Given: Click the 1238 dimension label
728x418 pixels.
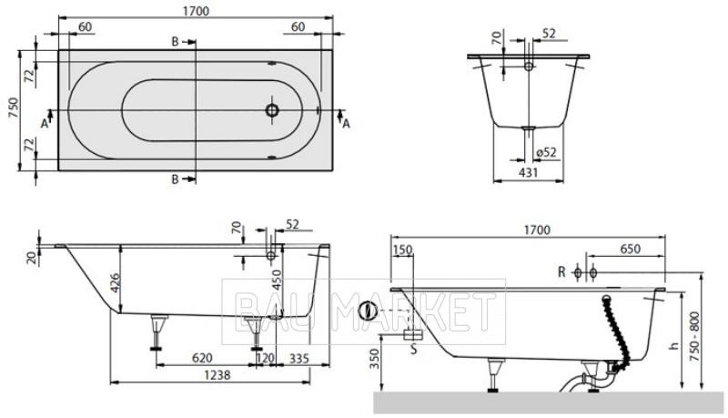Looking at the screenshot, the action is click(217, 374).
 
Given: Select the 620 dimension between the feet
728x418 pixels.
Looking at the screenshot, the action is click(202, 358).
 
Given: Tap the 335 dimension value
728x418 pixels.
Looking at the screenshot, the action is click(299, 358).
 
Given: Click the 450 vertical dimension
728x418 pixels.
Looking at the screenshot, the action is click(277, 280).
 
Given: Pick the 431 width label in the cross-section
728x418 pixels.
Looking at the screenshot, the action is click(529, 172).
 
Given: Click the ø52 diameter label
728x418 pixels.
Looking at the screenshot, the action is click(547, 152).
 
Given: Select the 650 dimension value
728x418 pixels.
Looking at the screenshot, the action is click(631, 249).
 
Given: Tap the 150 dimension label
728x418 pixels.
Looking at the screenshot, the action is click(402, 250).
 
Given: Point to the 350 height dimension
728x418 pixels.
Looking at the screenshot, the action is click(375, 359).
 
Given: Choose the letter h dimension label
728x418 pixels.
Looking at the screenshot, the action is click(674, 345).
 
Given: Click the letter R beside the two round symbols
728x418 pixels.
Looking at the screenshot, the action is click(561, 272).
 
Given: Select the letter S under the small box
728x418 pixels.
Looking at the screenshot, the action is click(414, 349).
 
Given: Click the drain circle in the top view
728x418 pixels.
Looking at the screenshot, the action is click(272, 110).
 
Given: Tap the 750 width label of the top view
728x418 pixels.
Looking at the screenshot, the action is click(15, 108).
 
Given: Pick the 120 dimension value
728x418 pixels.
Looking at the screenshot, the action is click(265, 358).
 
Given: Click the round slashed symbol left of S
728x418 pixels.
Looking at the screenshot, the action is click(369, 311).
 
